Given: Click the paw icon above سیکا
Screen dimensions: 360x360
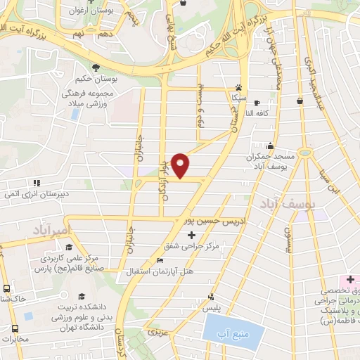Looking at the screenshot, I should point(238,90).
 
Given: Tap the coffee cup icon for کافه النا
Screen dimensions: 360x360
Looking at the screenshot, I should point(257,102).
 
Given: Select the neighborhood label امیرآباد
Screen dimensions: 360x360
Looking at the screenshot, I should point(53,230).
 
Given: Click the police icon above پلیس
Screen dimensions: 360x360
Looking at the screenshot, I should point(212,296).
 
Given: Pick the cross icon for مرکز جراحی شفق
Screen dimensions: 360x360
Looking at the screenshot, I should point(191,234).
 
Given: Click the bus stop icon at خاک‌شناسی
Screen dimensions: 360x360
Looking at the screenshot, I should point(7,288).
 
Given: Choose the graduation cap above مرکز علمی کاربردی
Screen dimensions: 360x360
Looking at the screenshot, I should point(70,246).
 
